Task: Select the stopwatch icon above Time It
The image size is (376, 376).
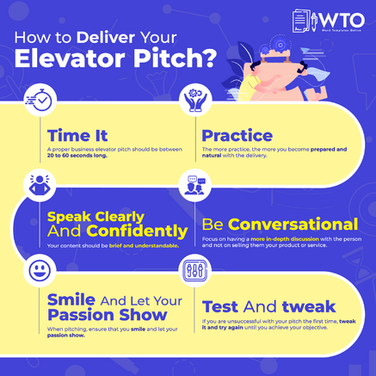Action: pos(40,102)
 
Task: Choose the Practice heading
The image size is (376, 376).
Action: pos(237,135)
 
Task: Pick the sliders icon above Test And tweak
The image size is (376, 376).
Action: pos(194,271)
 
